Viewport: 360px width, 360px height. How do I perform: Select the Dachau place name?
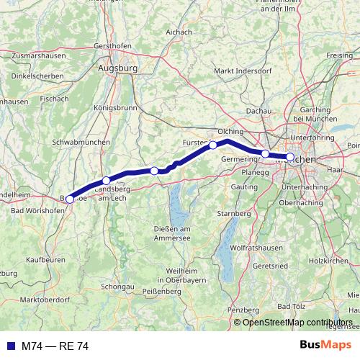click(x=258, y=110)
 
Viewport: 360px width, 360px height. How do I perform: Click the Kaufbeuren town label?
click(x=46, y=258)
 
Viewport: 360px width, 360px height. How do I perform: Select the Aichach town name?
click(x=178, y=32)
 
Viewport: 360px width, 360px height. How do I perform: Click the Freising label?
click(x=340, y=55)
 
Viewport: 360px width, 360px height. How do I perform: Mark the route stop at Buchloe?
click(x=70, y=199)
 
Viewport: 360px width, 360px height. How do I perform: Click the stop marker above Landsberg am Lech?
click(x=107, y=181)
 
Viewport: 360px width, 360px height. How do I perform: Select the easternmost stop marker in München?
click(x=290, y=157)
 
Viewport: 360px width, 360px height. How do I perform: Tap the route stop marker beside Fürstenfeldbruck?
click(x=213, y=145)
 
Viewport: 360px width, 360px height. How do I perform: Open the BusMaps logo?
click(x=330, y=346)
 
